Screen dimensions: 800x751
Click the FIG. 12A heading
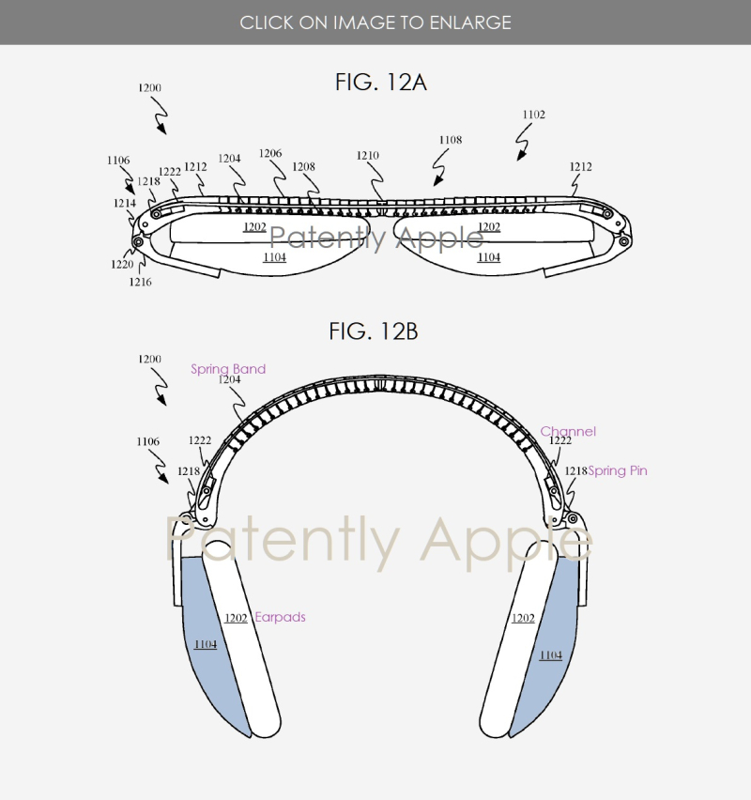(x=380, y=82)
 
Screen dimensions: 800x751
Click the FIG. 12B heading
(x=374, y=331)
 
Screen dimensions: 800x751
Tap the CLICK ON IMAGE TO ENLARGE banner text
(x=375, y=22)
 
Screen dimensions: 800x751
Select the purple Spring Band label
(x=228, y=369)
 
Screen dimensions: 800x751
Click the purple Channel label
(x=568, y=432)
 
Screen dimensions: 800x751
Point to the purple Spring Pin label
(x=618, y=470)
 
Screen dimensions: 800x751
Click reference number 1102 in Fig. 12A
(x=533, y=115)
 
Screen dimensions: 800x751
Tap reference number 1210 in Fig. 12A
(x=368, y=156)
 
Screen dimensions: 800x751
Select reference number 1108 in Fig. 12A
(x=451, y=140)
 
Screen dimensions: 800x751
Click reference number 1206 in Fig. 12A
(x=270, y=153)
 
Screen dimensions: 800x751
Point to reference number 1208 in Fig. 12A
(x=303, y=166)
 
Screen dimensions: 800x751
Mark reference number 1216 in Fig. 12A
(x=141, y=282)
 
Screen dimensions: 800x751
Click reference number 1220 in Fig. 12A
(x=122, y=265)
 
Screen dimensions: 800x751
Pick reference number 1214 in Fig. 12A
(x=124, y=202)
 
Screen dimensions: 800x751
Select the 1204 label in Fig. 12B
(x=230, y=380)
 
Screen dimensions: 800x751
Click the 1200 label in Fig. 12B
(x=149, y=360)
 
